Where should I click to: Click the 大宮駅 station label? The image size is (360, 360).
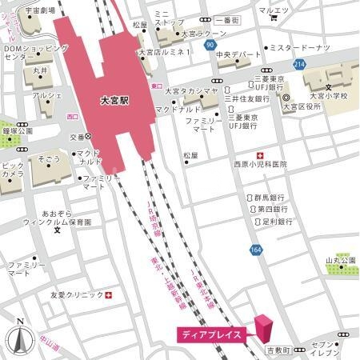point(116,102)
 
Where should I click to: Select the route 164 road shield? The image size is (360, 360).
point(256,250)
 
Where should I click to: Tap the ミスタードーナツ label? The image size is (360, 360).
point(300,48)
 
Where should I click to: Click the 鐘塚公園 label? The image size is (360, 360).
point(18,130)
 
